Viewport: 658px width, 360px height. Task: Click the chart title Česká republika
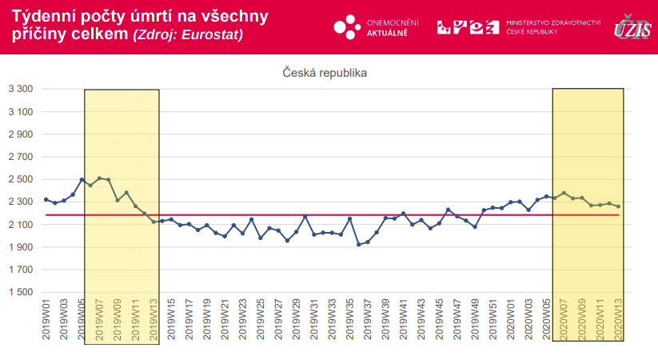tap(324, 73)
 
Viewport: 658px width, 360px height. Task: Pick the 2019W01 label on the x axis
tap(46, 321)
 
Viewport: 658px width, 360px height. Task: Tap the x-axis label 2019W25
tap(261, 321)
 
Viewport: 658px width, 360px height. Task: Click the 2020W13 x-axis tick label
tap(618, 321)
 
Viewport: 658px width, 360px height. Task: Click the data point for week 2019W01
tap(46, 199)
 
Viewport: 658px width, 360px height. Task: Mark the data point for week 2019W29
tap(296, 232)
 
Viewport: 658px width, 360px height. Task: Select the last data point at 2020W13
tap(618, 206)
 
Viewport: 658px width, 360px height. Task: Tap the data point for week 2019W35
tap(349, 218)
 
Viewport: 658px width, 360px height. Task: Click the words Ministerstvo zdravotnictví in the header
tap(553, 23)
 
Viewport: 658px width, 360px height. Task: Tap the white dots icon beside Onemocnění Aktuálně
tap(347, 27)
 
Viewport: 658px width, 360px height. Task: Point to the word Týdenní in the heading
tap(45, 17)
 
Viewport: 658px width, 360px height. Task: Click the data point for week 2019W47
tap(457, 216)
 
